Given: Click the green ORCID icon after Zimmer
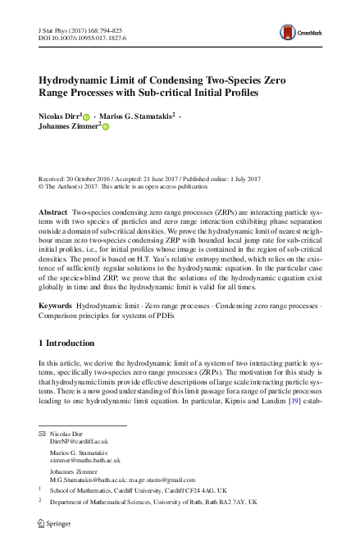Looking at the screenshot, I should pos(106,127).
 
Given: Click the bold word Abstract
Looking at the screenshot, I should pos(53,212).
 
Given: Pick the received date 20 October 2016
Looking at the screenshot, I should pos(93,177).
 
